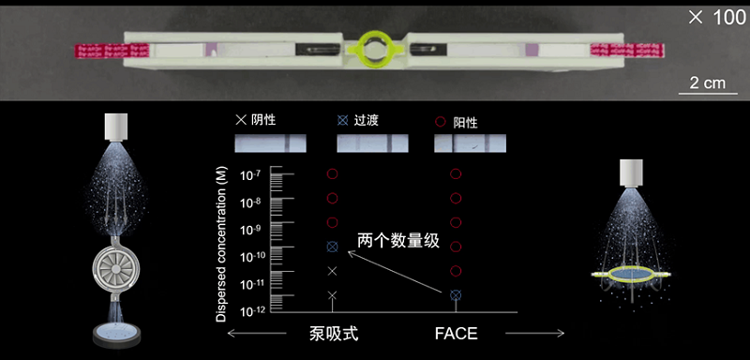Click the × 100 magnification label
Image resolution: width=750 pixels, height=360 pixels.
point(717,18)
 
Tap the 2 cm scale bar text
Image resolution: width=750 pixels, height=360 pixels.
point(708,82)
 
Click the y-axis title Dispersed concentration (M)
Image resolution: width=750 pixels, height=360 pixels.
point(221,244)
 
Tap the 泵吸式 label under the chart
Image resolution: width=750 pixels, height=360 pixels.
point(333,333)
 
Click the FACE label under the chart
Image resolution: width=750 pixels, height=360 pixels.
point(456,333)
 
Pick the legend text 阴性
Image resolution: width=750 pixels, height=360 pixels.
point(263,120)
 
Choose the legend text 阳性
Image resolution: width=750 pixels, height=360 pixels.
point(465,123)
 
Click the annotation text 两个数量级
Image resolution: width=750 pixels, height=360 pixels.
point(397,242)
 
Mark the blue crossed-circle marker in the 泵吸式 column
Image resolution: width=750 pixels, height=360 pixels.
point(333,247)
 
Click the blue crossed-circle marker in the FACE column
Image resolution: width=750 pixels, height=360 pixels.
point(456,295)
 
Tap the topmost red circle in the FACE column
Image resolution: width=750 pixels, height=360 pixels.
point(456,174)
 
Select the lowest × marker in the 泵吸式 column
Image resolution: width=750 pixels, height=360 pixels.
point(333,295)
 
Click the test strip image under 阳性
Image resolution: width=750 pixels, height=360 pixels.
point(470,142)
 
